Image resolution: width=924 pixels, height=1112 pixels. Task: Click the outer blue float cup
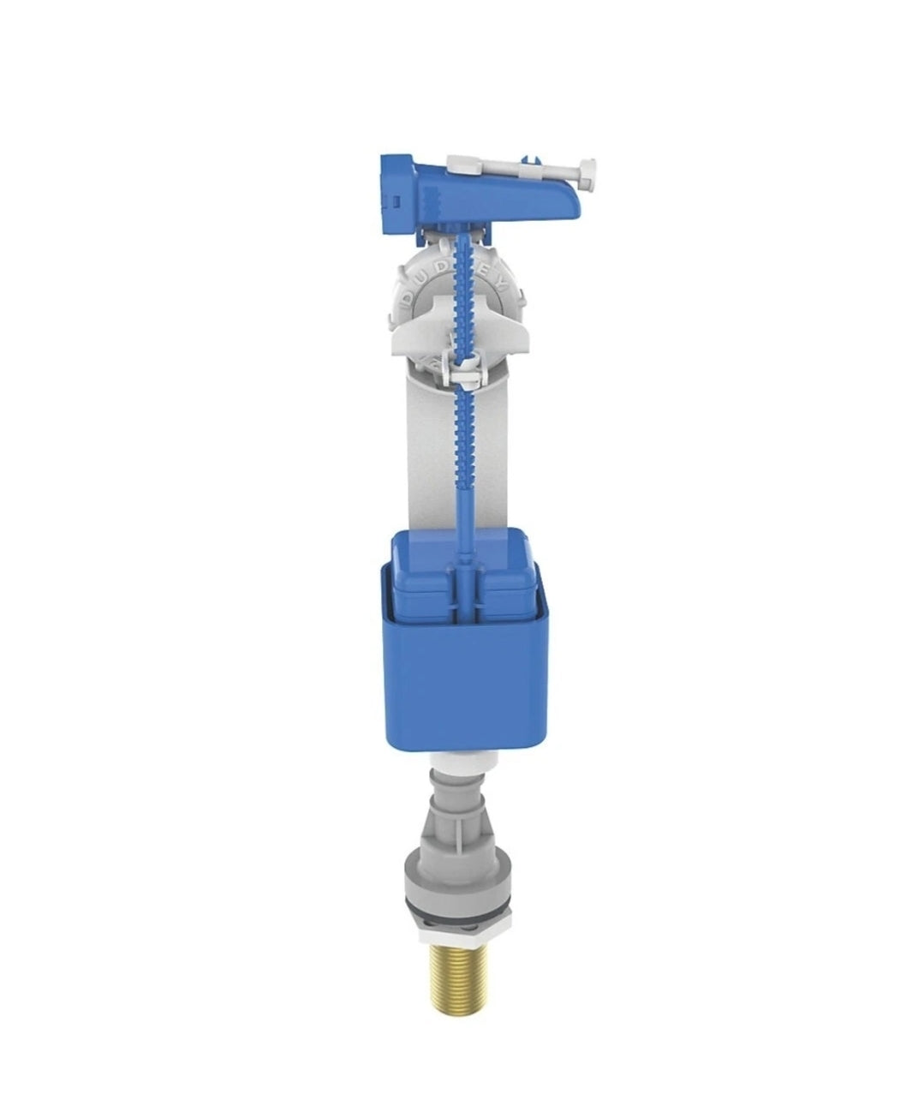tap(462, 685)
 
